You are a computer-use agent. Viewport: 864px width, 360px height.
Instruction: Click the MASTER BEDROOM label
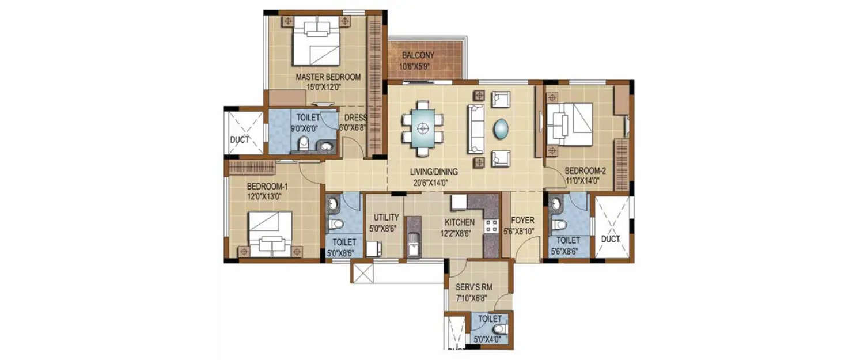tap(328, 77)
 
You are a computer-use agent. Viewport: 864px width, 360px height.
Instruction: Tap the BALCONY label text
tap(418, 55)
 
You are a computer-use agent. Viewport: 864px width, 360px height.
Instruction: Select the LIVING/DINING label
tap(434, 172)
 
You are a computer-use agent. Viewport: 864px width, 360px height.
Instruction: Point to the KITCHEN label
tap(459, 222)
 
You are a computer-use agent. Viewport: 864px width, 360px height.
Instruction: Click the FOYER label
tap(522, 221)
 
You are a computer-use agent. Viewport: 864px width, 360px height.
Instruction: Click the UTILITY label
tap(386, 218)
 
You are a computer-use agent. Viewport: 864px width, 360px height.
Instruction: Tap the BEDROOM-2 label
tap(585, 171)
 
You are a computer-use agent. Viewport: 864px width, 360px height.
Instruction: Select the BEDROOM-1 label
tap(267, 187)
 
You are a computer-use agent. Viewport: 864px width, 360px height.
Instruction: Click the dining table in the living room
tap(423, 128)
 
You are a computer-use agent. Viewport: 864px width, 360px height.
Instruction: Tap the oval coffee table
tap(501, 128)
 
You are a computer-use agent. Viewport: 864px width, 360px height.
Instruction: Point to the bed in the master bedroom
tap(316, 41)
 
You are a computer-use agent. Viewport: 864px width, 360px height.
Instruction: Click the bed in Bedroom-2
tap(570, 124)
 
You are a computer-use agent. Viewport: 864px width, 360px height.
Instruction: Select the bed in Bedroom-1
tap(270, 233)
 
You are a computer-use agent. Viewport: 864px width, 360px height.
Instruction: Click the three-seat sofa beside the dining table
tap(476, 128)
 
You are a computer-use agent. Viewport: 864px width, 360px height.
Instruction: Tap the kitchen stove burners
tap(491, 226)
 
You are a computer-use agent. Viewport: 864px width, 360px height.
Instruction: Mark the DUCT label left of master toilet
tap(238, 139)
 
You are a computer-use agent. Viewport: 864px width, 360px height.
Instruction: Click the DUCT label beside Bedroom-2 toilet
tap(610, 238)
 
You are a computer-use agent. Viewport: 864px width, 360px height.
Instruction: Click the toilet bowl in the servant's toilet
tap(498, 329)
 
